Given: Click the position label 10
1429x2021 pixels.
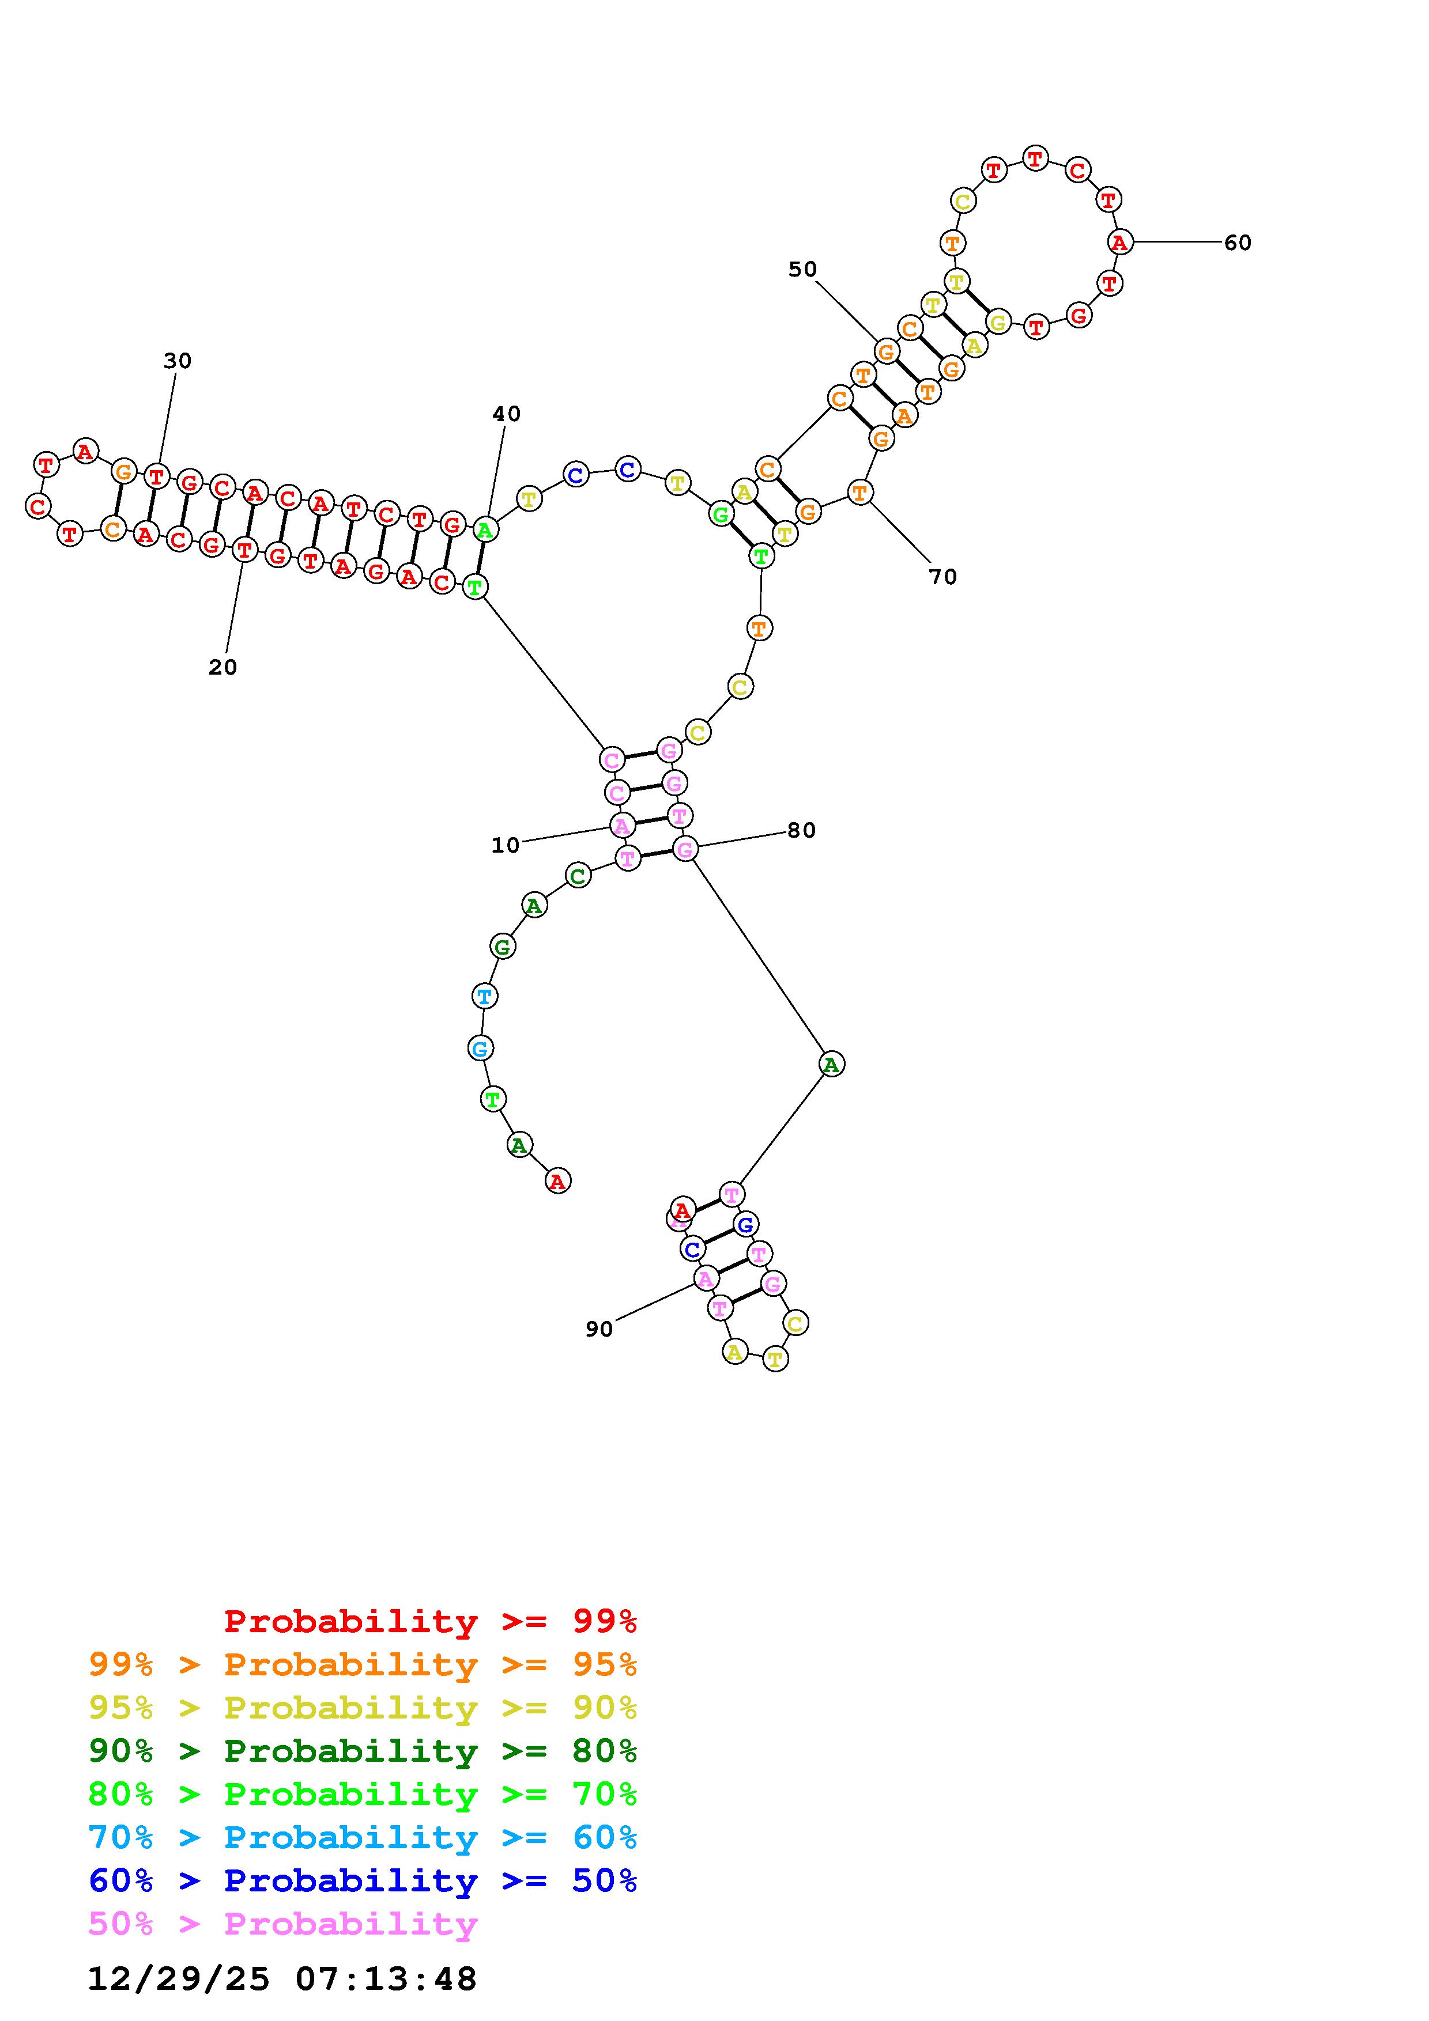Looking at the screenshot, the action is pos(506,845).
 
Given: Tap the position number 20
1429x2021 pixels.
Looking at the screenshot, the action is pos(223,667).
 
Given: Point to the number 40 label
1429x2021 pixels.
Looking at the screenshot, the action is pos(506,414).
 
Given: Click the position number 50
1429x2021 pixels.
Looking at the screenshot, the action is pos(802,270).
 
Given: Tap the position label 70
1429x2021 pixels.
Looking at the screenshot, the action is pos(942,577).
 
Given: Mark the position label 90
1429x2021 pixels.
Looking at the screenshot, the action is pos(599,1329).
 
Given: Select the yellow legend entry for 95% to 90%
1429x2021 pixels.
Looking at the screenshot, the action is pos(363,1708).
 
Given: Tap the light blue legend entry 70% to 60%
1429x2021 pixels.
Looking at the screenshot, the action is pos(363,1838).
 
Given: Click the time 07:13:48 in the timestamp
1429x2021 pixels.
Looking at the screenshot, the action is pos(386,1980).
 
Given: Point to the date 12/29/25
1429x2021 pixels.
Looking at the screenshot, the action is pos(178,1980).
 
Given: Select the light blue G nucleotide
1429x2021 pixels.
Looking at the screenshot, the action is pos(480,1049).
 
